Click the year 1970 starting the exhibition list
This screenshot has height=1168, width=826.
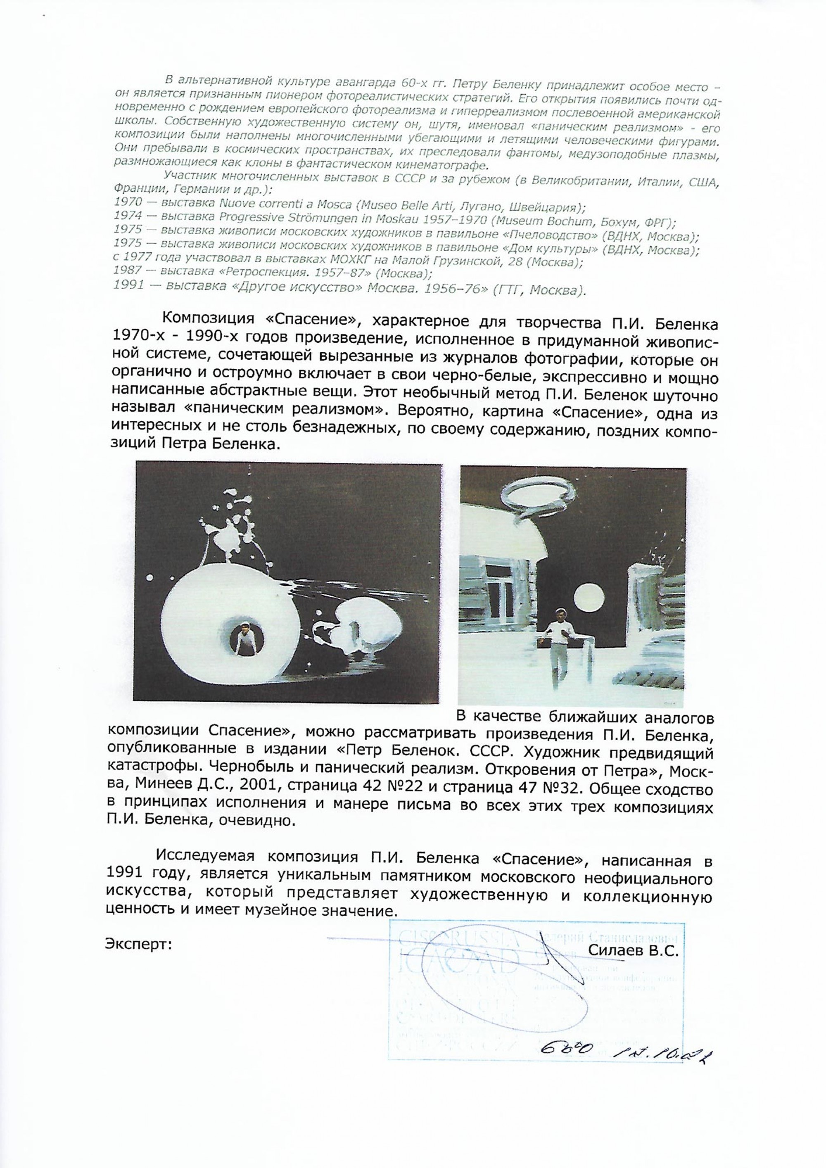(x=125, y=206)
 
